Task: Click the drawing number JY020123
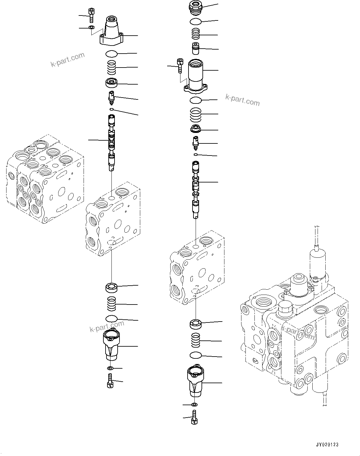[327, 445]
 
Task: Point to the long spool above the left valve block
[111, 142]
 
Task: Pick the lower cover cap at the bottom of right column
[195, 379]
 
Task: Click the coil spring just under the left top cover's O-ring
[111, 68]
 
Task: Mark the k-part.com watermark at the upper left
[67, 60]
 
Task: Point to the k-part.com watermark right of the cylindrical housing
[242, 100]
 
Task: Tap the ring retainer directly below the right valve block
[196, 324]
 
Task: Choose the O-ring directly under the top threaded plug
[195, 21]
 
